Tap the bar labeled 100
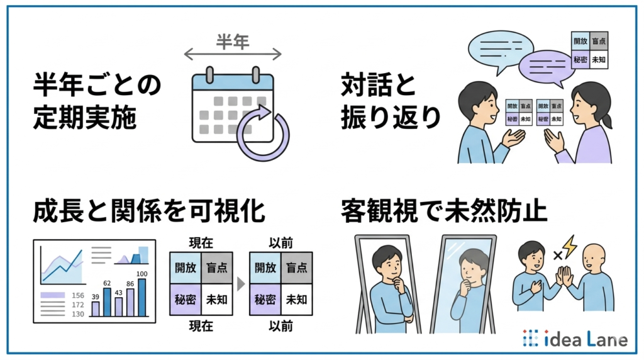[142, 296]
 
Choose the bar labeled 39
[96, 308]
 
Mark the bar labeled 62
[107, 301]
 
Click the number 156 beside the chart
[78, 295]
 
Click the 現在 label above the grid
[200, 242]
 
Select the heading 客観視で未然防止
[443, 211]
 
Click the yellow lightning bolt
[569, 247]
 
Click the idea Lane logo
[574, 339]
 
